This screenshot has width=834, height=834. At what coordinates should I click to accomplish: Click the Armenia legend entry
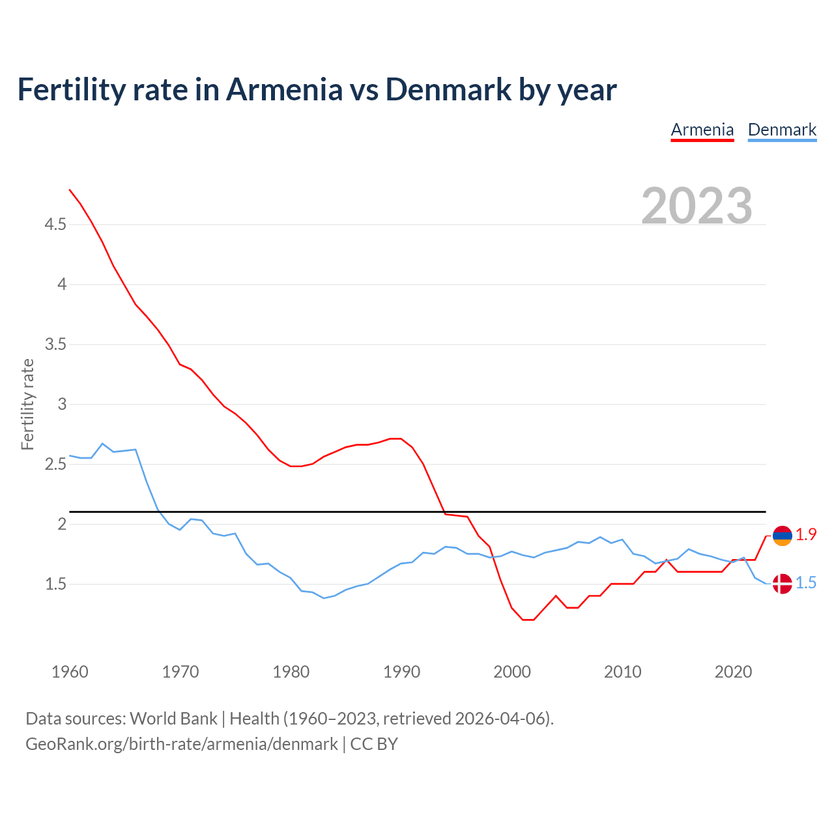(x=702, y=130)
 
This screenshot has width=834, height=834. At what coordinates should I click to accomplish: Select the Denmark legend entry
(x=782, y=130)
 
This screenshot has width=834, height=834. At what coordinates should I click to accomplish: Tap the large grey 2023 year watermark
(x=697, y=206)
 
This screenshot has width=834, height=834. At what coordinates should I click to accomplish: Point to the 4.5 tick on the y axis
(x=55, y=225)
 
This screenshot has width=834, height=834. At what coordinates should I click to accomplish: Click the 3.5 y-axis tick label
(x=55, y=344)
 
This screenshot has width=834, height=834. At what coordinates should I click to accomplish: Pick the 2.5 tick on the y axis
(x=55, y=465)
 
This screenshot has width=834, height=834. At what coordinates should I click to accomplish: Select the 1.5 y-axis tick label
(x=55, y=584)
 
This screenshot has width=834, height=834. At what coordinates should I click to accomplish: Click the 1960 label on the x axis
(x=70, y=672)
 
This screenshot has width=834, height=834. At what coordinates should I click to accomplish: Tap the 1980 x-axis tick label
(x=291, y=672)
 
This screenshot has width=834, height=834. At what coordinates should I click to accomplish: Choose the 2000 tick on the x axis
(x=512, y=672)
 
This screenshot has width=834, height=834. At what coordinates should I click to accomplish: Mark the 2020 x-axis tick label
(x=734, y=672)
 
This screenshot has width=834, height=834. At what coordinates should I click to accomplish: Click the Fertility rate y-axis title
(x=27, y=404)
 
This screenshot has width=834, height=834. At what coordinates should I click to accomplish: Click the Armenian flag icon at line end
(x=782, y=536)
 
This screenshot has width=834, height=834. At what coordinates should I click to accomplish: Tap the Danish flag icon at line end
(x=782, y=584)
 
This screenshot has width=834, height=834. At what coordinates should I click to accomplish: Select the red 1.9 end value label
(x=806, y=535)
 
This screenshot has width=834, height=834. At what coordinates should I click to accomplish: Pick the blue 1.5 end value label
(x=806, y=583)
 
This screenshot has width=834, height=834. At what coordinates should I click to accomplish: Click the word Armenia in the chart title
(x=284, y=89)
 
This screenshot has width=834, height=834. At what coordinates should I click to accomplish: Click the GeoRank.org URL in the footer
(x=182, y=744)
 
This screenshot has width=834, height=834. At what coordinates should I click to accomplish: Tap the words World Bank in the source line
(x=173, y=719)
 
